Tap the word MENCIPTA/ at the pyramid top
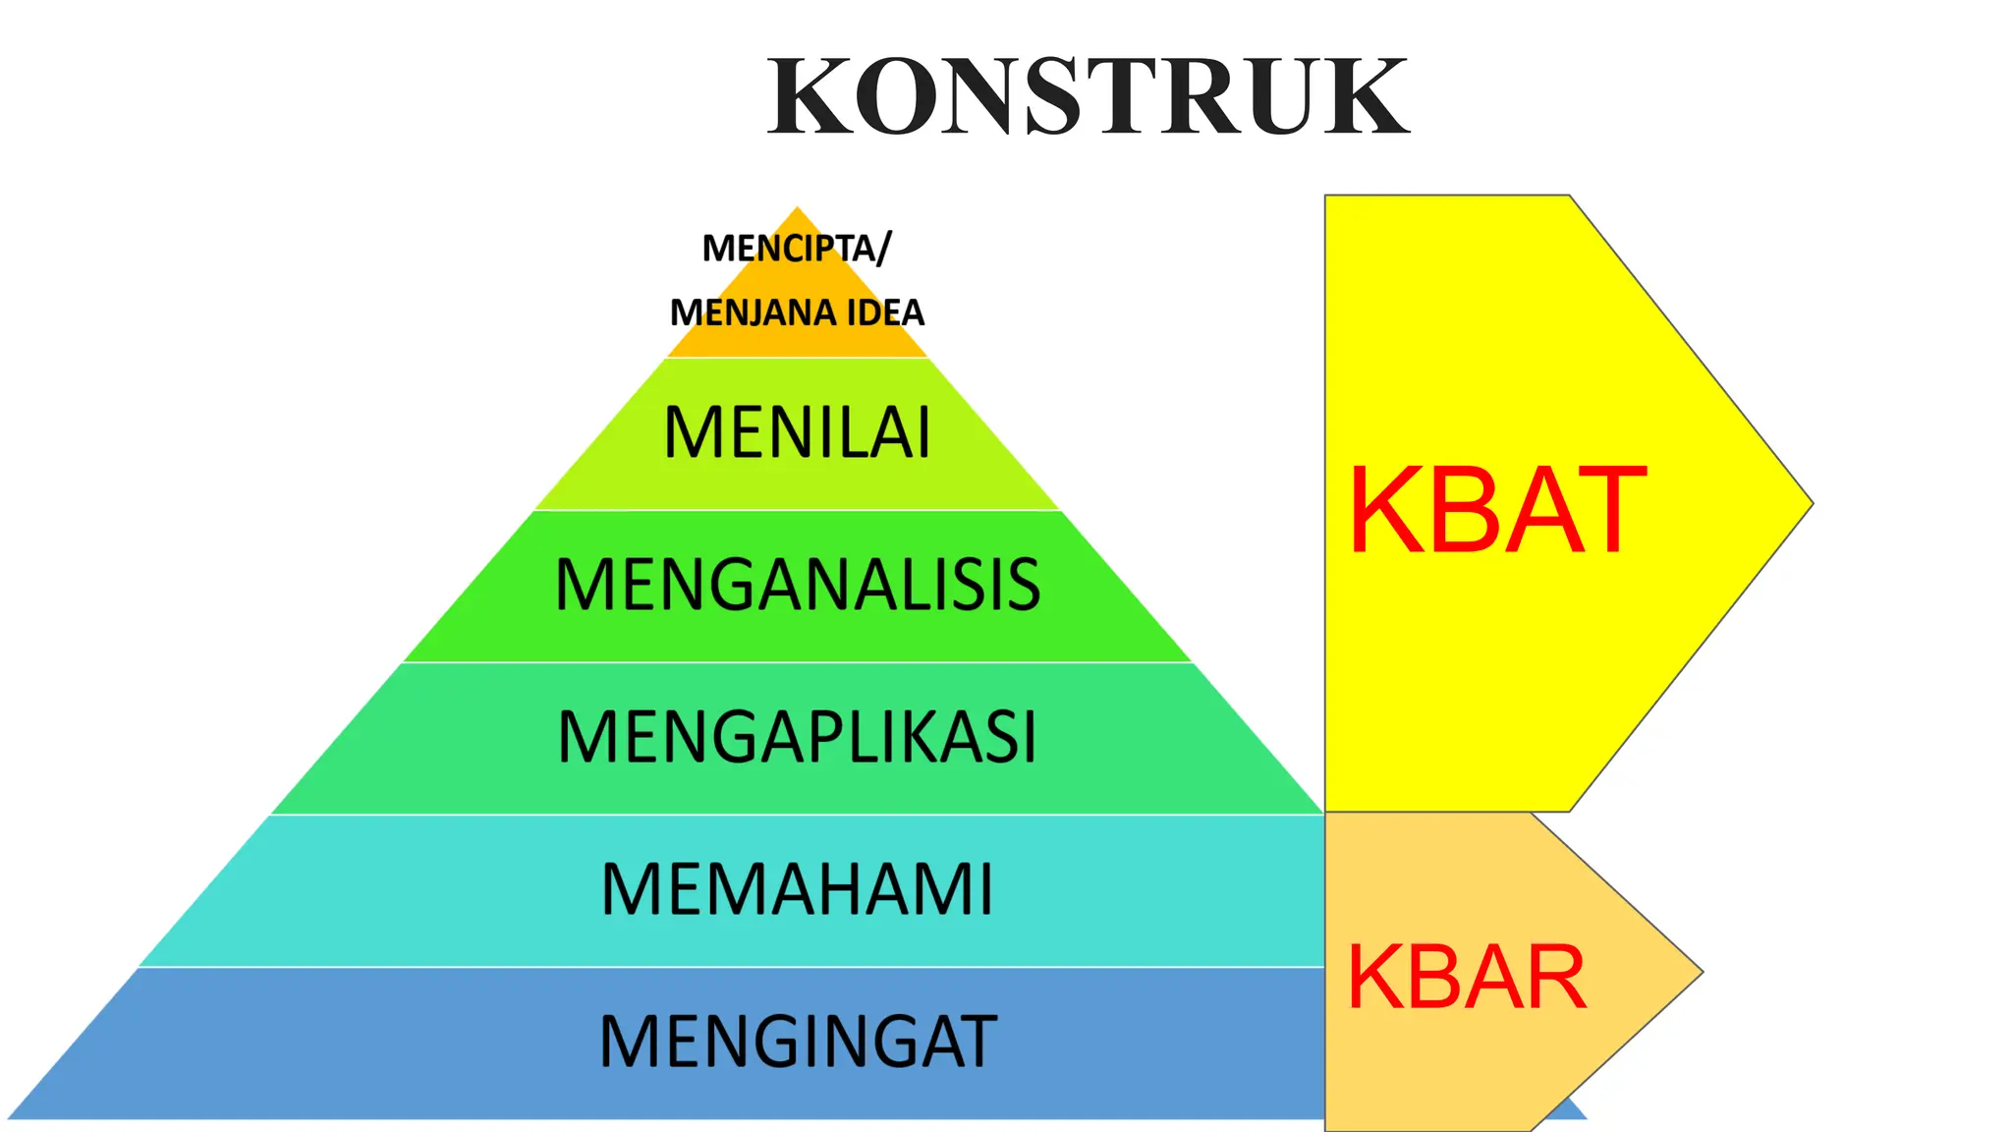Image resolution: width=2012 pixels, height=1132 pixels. [x=796, y=248]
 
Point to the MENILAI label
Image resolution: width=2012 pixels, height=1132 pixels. [x=797, y=432]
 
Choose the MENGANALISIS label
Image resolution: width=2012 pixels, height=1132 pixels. [x=797, y=585]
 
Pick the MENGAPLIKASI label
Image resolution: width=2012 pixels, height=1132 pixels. [x=797, y=737]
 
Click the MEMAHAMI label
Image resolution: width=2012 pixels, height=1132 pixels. [x=797, y=889]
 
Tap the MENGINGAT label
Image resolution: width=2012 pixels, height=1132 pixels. [x=797, y=1042]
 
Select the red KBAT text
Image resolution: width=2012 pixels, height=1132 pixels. [x=1496, y=511]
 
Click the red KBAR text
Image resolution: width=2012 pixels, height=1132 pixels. [x=1466, y=977]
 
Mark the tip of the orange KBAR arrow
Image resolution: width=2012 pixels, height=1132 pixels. [x=1700, y=972]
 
